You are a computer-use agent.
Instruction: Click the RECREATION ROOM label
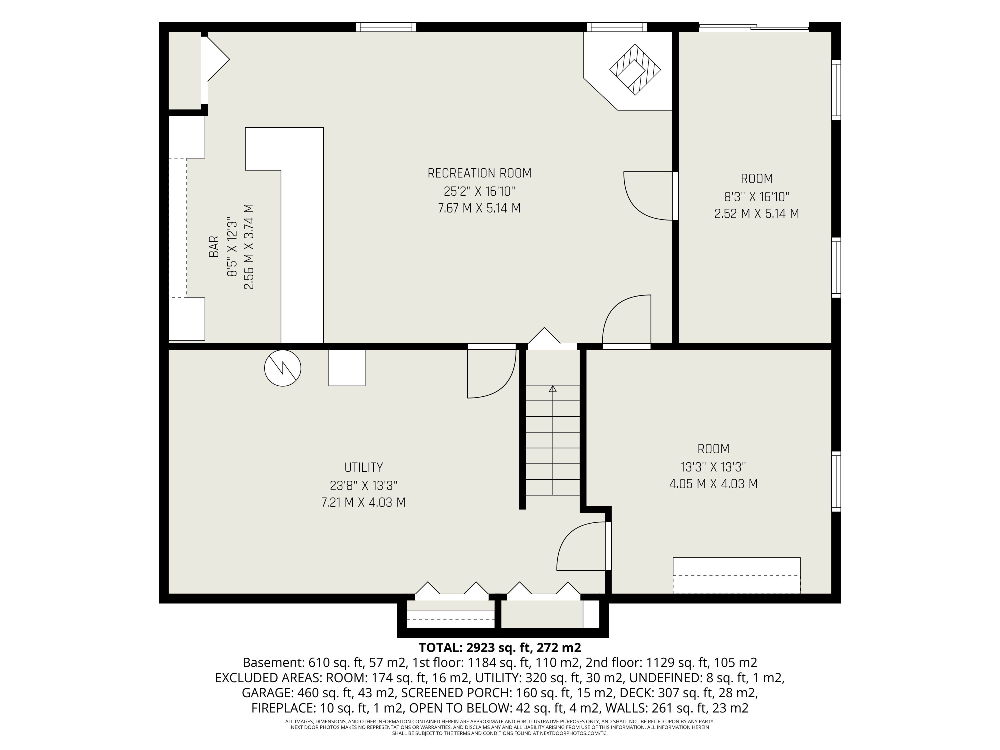click(479, 173)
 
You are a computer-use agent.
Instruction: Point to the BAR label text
click(213, 247)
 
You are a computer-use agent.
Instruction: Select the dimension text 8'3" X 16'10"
click(757, 197)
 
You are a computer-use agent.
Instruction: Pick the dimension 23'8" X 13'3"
click(363, 485)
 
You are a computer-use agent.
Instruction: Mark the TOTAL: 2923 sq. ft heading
click(499, 647)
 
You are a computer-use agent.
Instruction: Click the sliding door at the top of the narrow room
click(753, 27)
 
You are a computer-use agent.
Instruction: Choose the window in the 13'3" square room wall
click(836, 481)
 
